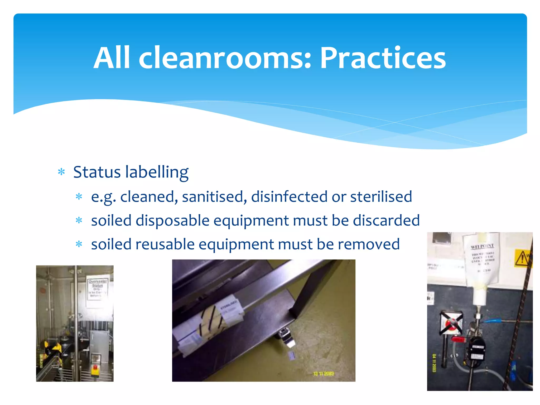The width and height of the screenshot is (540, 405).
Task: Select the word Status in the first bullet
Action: coord(97,172)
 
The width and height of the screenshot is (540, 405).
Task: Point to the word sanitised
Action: coord(214,197)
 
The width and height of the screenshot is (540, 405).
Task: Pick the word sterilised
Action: coord(381,197)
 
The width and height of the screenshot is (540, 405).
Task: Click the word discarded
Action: coord(386,220)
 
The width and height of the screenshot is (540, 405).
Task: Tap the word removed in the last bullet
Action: coord(369,244)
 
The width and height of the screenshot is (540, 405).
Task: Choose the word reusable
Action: coord(165,244)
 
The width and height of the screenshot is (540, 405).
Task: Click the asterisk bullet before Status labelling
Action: coord(61,172)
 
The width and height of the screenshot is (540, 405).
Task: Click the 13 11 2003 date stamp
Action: coord(324,374)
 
